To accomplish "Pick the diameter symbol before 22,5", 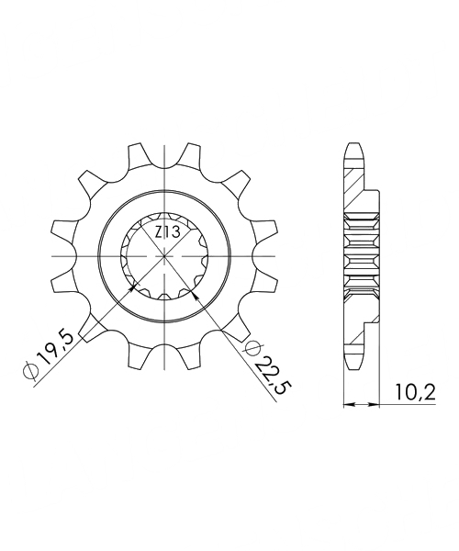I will pos(252,347).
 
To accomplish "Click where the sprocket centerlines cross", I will pos(165,254).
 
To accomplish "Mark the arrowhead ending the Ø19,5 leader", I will pos(136,287).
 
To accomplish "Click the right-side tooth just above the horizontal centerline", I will pos(267,230).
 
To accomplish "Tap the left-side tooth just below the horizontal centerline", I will pos(63,277).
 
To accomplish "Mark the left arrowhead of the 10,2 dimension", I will pos(347,402).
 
